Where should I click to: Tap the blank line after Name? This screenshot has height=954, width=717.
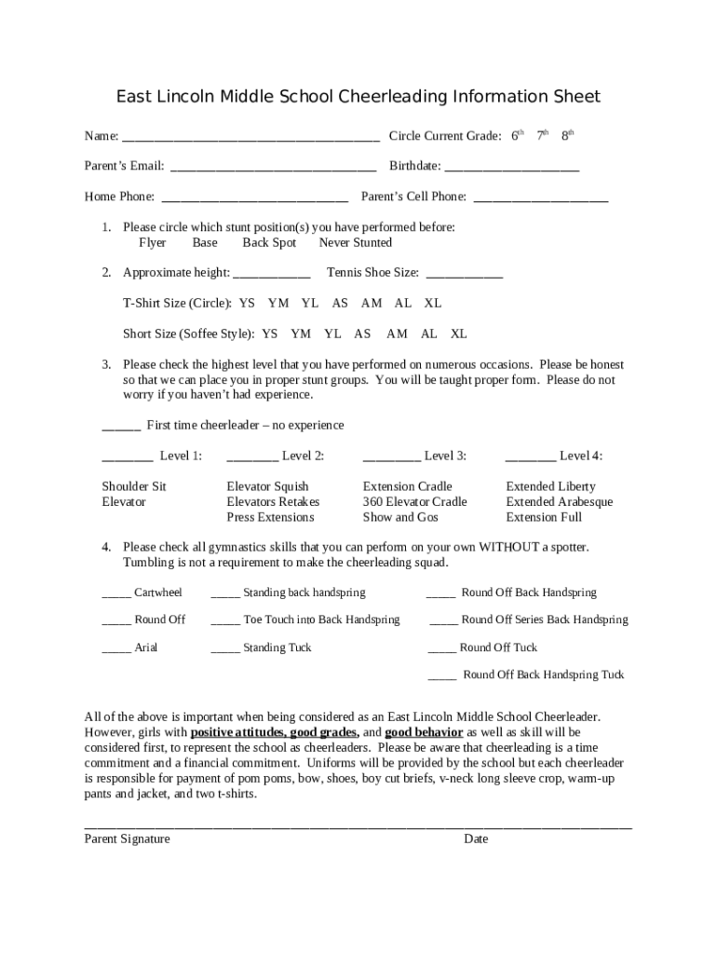[250, 137]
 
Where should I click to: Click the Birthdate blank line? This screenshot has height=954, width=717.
[511, 168]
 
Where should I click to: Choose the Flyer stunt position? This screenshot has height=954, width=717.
[152, 243]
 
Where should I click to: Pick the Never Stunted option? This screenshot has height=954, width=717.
[355, 243]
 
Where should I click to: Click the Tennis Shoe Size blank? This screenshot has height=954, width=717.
[464, 274]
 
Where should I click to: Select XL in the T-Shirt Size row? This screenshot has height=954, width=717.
[433, 304]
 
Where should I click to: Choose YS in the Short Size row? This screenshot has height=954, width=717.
[270, 334]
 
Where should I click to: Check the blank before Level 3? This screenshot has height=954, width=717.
[390, 457]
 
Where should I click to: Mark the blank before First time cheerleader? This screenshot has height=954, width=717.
[121, 427]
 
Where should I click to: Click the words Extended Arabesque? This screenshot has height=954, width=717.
[559, 502]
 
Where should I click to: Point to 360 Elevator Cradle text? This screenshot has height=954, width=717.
[414, 502]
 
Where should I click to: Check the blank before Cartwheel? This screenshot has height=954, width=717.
[115, 593]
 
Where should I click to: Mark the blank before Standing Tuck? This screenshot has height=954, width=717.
[224, 648]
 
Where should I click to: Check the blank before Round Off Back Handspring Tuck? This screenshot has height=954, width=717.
[441, 675]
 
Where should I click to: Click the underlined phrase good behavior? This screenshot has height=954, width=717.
[424, 732]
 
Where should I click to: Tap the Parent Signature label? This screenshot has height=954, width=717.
[127, 839]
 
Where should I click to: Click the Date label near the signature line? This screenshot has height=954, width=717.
[476, 839]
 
